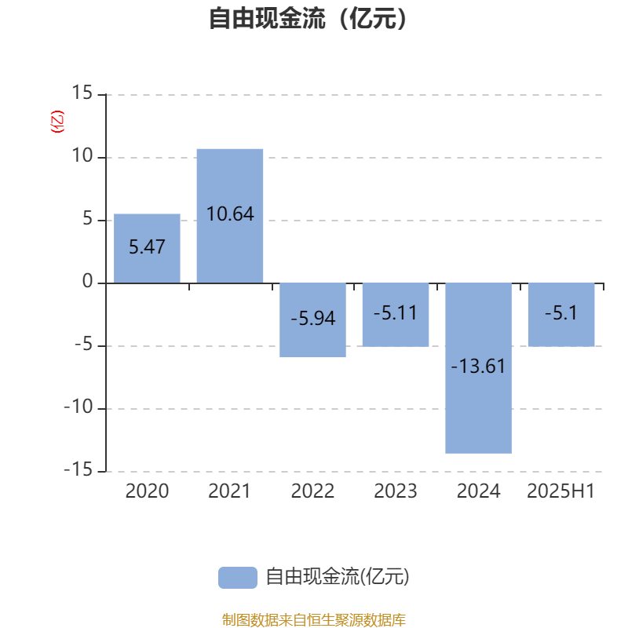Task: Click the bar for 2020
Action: click(x=147, y=248)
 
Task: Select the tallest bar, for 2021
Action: click(x=230, y=216)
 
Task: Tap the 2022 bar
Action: click(x=312, y=320)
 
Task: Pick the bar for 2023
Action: click(x=396, y=315)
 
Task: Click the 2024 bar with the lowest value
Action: click(x=479, y=368)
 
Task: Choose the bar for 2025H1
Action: click(x=561, y=315)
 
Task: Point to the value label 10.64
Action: click(x=230, y=214)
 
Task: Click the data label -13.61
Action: click(x=478, y=366)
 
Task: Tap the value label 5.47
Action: click(x=147, y=246)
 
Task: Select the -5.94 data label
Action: click(x=312, y=319)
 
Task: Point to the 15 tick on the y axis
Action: click(x=82, y=93)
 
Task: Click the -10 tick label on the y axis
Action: click(x=78, y=407)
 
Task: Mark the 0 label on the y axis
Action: click(x=88, y=282)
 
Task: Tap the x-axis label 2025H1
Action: click(x=561, y=491)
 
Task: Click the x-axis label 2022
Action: click(x=312, y=491)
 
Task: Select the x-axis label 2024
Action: click(x=479, y=491)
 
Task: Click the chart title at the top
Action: click(x=308, y=18)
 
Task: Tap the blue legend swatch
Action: click(x=238, y=578)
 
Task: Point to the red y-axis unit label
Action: click(x=57, y=122)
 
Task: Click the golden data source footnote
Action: click(x=314, y=619)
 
